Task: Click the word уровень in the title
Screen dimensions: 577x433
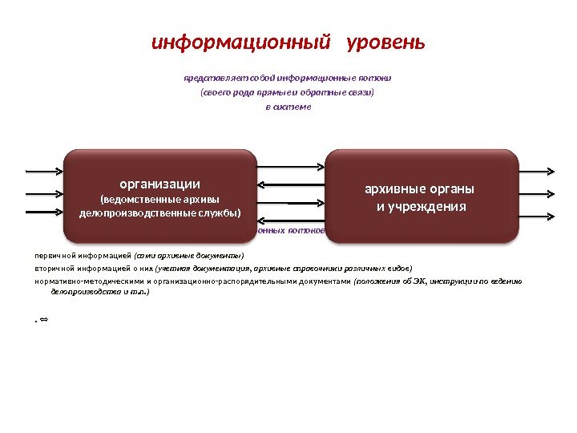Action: point(385,42)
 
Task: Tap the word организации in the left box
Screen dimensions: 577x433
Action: point(160,183)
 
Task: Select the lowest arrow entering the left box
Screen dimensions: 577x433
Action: point(45,212)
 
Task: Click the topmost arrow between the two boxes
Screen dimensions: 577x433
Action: point(291,165)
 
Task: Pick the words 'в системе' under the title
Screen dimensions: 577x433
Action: point(288,107)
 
